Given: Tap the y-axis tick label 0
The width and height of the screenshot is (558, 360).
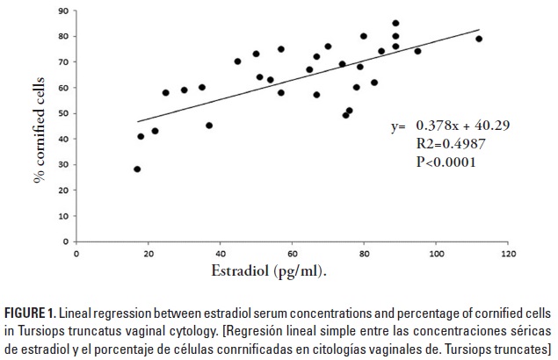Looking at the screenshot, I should (x=68, y=242).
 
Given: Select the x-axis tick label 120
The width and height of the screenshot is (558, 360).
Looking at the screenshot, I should (x=507, y=255).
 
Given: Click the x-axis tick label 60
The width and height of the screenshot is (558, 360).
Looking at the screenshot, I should (x=292, y=255).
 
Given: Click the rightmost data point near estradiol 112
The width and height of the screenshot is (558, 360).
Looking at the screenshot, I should (x=479, y=39).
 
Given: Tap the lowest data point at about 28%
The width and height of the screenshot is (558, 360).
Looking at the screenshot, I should (x=137, y=169).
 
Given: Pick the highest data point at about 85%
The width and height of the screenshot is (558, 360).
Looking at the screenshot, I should (x=395, y=24).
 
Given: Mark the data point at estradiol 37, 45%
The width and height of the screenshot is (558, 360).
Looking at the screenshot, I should (x=209, y=126).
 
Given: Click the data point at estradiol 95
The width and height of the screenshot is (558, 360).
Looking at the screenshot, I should (x=417, y=51).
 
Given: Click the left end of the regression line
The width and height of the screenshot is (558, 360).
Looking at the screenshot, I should (x=138, y=122).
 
